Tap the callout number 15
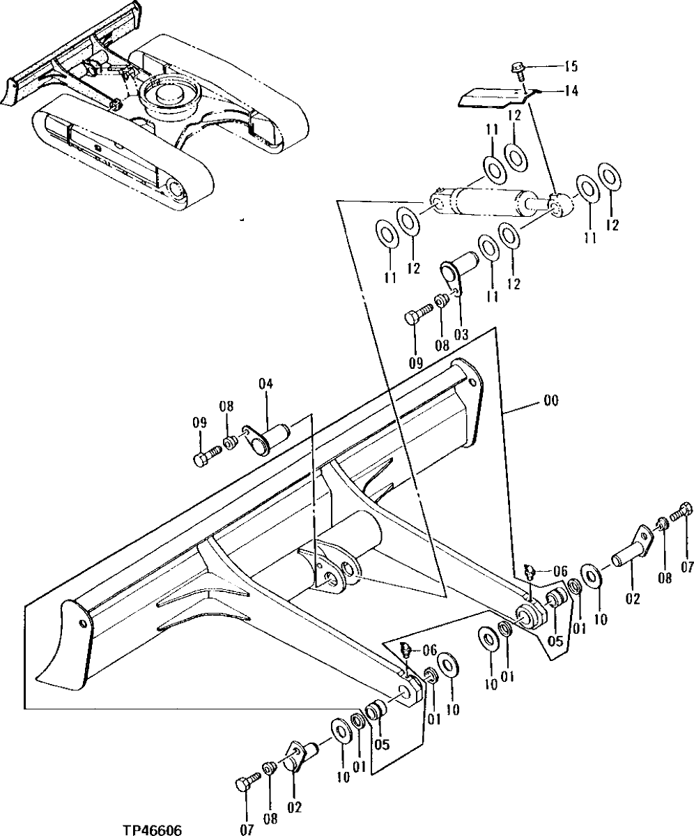pyautogui.click(x=571, y=67)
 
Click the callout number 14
pyautogui.click(x=571, y=90)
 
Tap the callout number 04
pyautogui.click(x=265, y=383)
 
